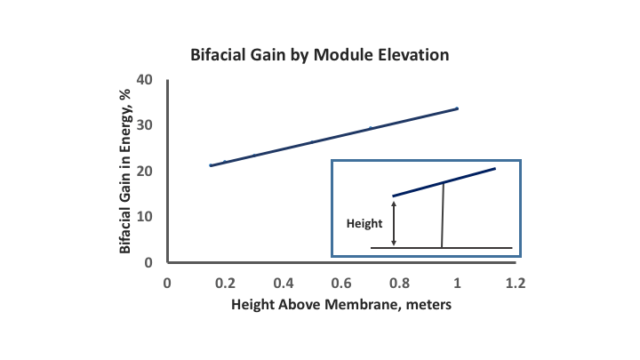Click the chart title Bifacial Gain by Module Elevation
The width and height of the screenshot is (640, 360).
320,54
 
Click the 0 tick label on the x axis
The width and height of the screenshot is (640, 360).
166,283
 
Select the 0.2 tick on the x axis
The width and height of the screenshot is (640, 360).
225,283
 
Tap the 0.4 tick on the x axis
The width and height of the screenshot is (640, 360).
283,283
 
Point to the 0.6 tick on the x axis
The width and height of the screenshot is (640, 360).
341,283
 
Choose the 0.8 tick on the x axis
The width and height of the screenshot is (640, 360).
399,283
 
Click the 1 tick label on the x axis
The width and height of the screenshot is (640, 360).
457,283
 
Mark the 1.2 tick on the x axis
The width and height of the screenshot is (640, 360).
516,283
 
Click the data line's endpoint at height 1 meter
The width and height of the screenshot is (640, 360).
457,108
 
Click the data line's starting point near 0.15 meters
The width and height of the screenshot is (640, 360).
210,165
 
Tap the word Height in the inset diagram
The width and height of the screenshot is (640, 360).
364,224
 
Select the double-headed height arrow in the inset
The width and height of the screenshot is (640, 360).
395,223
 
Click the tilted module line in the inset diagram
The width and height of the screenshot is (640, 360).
444,182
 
